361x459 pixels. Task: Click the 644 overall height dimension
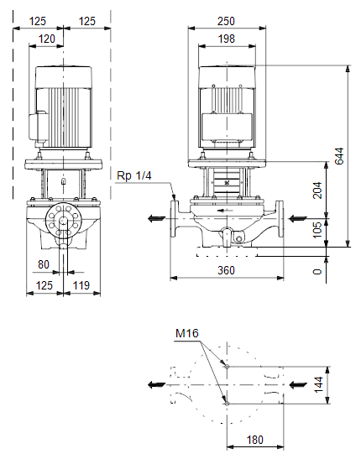338,156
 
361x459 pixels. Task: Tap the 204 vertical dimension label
317,190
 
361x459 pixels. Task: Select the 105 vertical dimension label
317,230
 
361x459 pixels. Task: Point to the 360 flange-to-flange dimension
226,270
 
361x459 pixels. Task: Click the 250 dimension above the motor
226,21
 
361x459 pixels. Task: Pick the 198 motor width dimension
227,39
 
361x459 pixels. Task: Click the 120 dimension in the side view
46,39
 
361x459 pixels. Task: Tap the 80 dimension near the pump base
44,264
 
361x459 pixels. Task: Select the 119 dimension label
81,285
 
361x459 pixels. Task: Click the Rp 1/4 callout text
134,175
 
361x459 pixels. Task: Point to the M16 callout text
186,333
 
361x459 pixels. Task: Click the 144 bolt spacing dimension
318,384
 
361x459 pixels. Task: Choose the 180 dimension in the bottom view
255,440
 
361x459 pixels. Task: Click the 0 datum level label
317,272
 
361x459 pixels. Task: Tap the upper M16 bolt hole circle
227,366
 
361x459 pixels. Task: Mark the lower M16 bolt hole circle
227,404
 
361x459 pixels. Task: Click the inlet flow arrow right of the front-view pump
298,218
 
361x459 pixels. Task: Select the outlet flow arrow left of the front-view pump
157,218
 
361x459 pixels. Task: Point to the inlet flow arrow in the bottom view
298,384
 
